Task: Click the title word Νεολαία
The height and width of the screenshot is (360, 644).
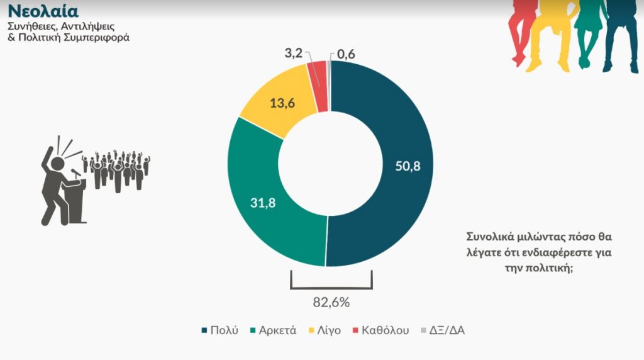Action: point(43,12)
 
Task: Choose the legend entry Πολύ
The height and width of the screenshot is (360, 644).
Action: point(223,330)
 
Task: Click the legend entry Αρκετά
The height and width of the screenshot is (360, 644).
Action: point(277,330)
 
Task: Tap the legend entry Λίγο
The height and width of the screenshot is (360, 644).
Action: point(327,330)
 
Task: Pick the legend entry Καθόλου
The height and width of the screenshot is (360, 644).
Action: point(384,330)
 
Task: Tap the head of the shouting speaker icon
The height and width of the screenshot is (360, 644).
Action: point(57,162)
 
